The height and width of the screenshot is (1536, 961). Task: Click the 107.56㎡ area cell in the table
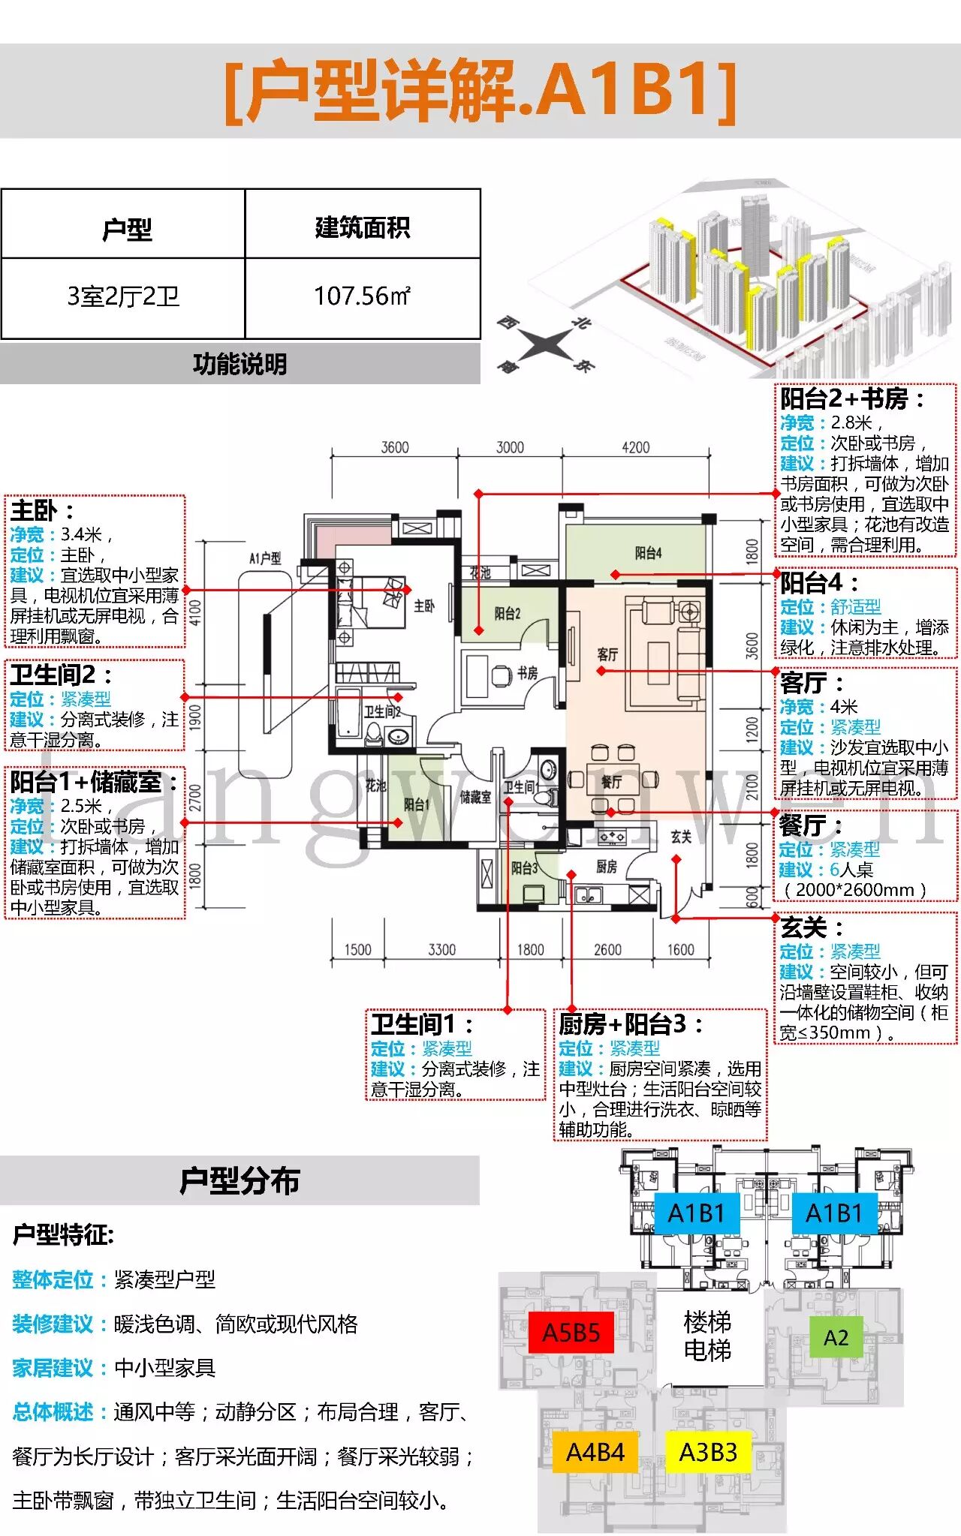(x=362, y=296)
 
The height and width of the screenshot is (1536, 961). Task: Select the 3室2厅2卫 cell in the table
(x=123, y=296)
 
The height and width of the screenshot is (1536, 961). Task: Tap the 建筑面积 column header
(x=362, y=227)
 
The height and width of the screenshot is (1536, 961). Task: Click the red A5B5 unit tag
(x=571, y=1332)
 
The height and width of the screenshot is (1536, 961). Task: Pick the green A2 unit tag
(x=836, y=1337)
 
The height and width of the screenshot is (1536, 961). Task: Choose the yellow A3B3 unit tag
(x=707, y=1452)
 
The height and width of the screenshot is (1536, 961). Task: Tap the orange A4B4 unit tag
(x=595, y=1452)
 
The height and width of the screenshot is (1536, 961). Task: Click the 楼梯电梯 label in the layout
(x=707, y=1336)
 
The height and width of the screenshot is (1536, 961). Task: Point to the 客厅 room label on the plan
(x=607, y=654)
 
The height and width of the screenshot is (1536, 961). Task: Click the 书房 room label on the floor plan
(x=527, y=673)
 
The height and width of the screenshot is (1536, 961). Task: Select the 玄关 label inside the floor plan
(x=681, y=837)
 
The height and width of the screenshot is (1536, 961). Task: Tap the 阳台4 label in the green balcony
(x=648, y=553)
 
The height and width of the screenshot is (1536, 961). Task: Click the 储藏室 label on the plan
(x=475, y=797)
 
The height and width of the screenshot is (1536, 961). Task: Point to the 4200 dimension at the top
(x=635, y=447)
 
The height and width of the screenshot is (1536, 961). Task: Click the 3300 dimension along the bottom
(x=441, y=950)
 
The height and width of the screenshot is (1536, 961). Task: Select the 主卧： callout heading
(x=42, y=511)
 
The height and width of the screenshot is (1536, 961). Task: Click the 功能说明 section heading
(x=239, y=365)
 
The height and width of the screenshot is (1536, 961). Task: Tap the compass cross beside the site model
(x=546, y=344)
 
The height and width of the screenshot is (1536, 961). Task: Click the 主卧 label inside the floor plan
(x=423, y=606)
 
